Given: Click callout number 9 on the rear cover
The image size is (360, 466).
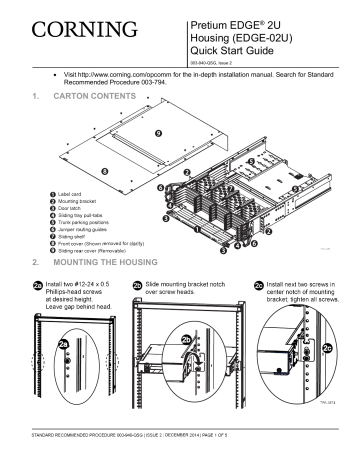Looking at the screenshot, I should (x=157, y=133).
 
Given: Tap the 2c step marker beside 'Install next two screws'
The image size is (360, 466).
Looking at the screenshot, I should (x=257, y=284).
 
